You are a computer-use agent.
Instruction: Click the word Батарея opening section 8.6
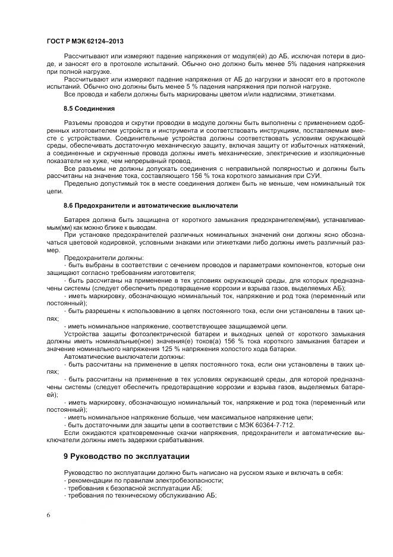(x=77, y=219)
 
